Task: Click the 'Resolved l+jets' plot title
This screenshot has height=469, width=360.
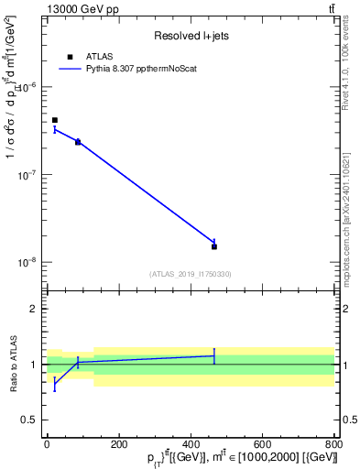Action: [x=191, y=36]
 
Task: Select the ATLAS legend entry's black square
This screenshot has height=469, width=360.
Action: [x=70, y=57]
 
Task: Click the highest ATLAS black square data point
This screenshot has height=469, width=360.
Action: [x=55, y=120]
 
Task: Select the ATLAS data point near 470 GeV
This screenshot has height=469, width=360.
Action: [x=214, y=246]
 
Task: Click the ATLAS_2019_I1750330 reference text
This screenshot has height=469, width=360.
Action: [x=191, y=274]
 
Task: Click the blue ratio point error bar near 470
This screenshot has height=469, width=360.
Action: [x=214, y=355]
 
